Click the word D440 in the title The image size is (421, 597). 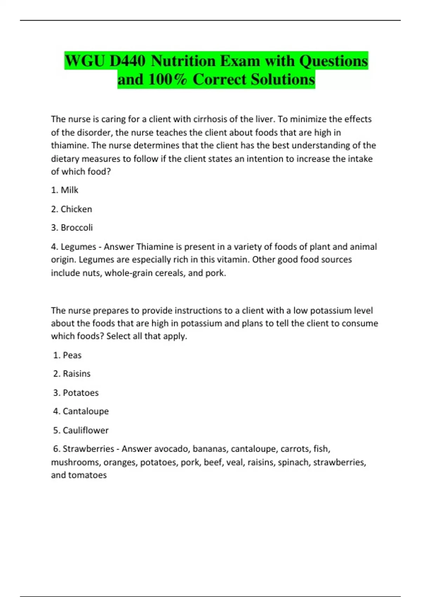(127, 61)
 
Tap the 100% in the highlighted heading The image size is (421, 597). (167, 79)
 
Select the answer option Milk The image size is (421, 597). (69, 190)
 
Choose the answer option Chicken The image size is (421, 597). (76, 209)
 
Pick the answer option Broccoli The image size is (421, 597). (76, 228)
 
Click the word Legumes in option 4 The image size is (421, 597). (78, 247)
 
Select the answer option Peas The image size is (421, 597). (72, 355)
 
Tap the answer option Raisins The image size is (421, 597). (76, 374)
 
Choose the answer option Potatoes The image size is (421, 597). (81, 393)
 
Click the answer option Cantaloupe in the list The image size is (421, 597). (86, 411)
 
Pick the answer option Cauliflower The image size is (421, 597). (86, 430)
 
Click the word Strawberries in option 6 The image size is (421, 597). (88, 449)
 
